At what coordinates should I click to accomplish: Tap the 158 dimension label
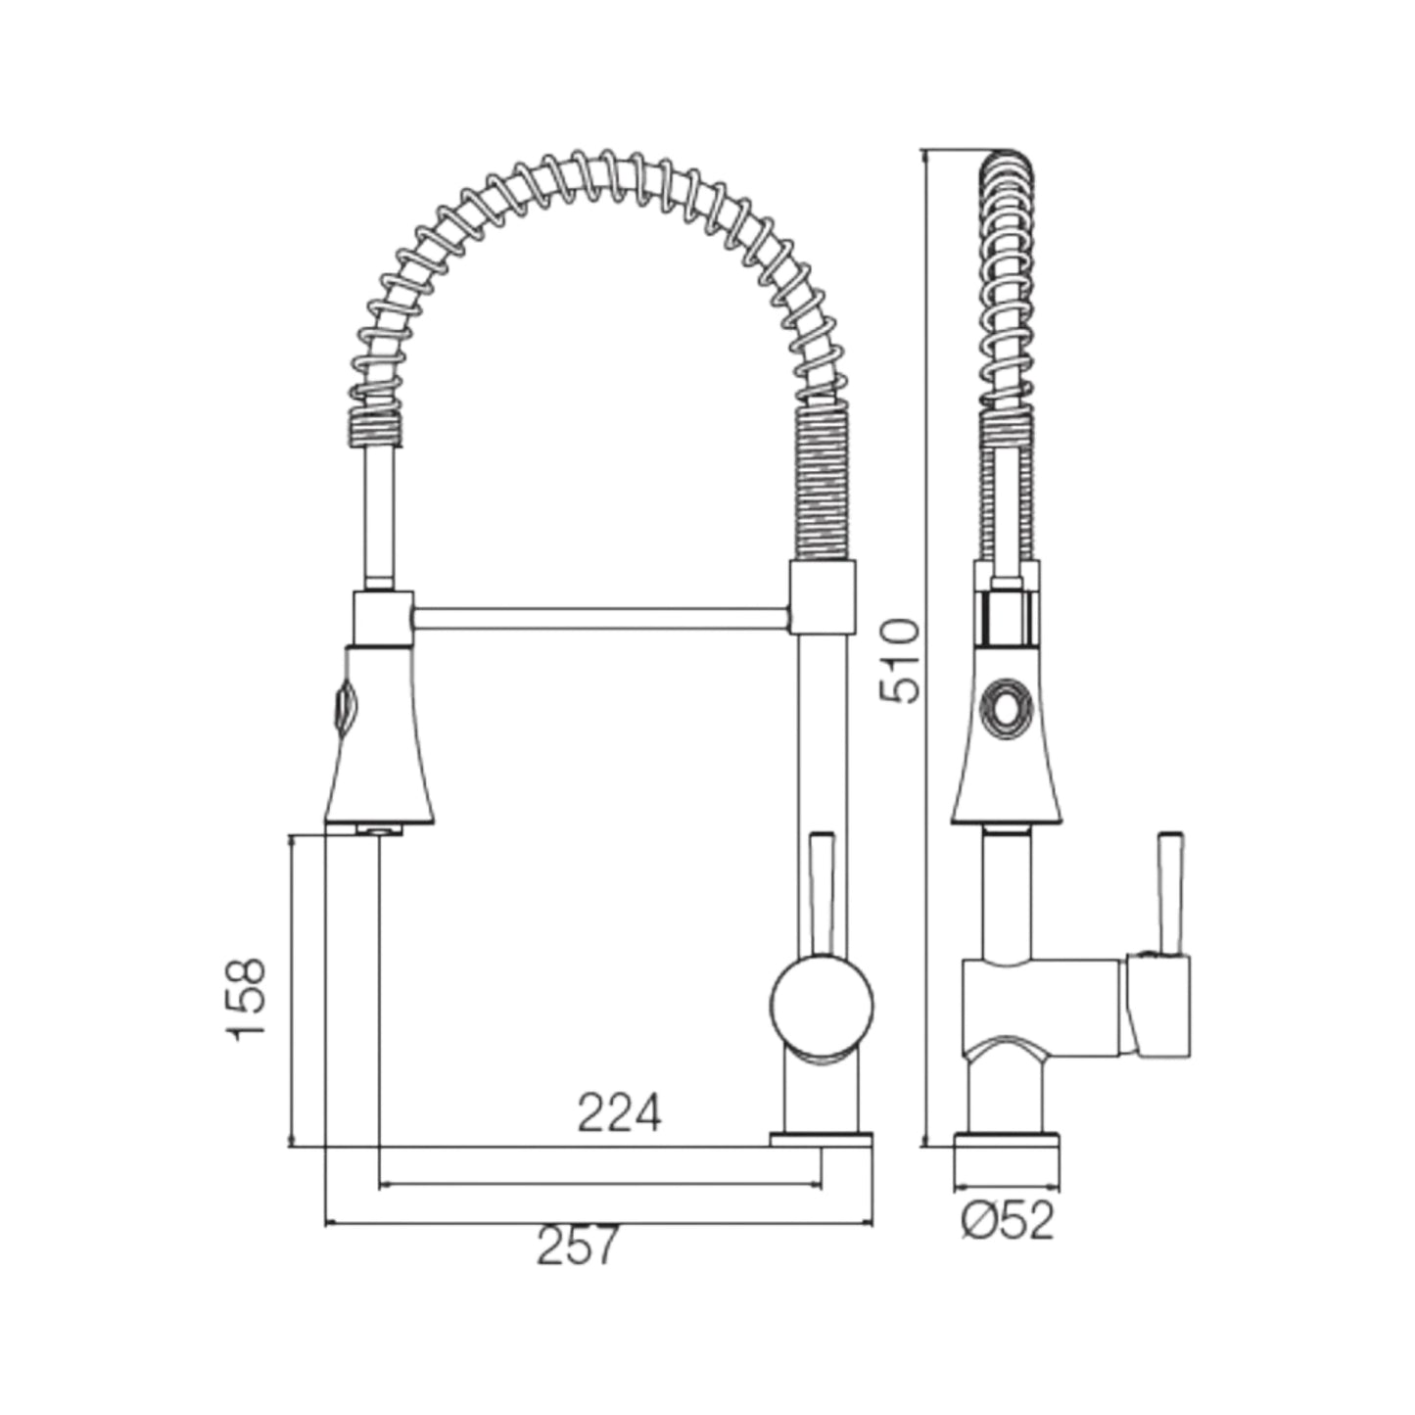point(245,999)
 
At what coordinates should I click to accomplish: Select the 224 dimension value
point(619,1113)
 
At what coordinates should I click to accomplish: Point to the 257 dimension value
point(578,1246)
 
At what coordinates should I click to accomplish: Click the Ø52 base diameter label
point(1008,1221)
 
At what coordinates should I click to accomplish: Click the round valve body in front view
point(822,1008)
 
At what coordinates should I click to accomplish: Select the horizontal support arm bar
point(599,618)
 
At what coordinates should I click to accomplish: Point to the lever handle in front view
point(821,893)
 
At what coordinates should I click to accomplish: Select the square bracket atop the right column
point(822,596)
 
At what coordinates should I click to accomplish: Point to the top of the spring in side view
point(1006,162)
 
